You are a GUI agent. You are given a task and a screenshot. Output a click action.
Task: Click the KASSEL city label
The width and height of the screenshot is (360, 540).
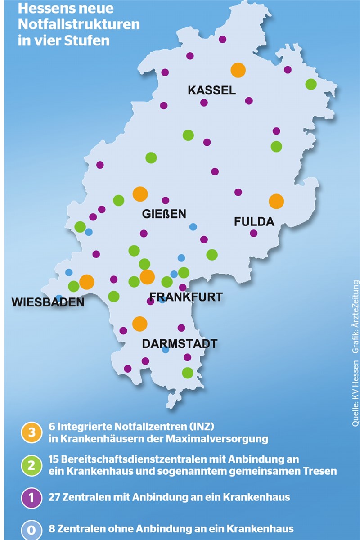tap(211, 90)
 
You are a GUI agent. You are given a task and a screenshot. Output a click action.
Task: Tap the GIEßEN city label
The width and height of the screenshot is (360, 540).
tap(164, 214)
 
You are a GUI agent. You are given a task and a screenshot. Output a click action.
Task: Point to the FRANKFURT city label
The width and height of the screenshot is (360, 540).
tap(186, 297)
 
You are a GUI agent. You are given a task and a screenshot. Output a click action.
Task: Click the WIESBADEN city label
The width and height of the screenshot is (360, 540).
tap(48, 302)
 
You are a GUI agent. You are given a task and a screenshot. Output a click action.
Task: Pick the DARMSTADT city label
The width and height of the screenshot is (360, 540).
tap(180, 344)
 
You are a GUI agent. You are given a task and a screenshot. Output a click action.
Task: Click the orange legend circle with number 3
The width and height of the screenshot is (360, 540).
tap(31, 432)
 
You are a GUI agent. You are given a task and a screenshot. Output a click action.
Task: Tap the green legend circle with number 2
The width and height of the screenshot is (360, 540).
tap(31, 465)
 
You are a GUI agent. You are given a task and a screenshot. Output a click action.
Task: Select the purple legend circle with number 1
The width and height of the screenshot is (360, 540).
tap(31, 497)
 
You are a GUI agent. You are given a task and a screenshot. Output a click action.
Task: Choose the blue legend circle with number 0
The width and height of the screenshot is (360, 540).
tap(31, 529)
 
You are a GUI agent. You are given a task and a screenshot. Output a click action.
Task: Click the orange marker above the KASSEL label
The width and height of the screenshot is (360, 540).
tap(238, 70)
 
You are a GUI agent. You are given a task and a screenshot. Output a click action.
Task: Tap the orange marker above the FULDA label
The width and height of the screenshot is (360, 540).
tap(276, 201)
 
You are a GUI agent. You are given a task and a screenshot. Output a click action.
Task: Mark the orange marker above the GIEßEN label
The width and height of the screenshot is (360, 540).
tap(140, 194)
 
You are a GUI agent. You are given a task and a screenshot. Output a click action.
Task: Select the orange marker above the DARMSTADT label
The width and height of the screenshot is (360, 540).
tap(139, 324)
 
